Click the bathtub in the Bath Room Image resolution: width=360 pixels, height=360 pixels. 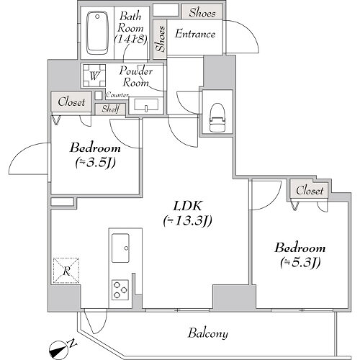pyautogui.click(x=95, y=34)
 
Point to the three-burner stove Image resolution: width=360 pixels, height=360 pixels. pyautogui.click(x=120, y=289)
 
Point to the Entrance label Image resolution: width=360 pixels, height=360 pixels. pyautogui.click(x=195, y=34)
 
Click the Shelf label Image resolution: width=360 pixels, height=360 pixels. pyautogui.click(x=109, y=108)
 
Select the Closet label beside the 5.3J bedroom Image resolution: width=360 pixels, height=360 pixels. pyautogui.click(x=310, y=191)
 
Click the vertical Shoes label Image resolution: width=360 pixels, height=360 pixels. pyautogui.click(x=160, y=40)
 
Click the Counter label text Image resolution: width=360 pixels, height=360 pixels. pyautogui.click(x=117, y=95)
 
